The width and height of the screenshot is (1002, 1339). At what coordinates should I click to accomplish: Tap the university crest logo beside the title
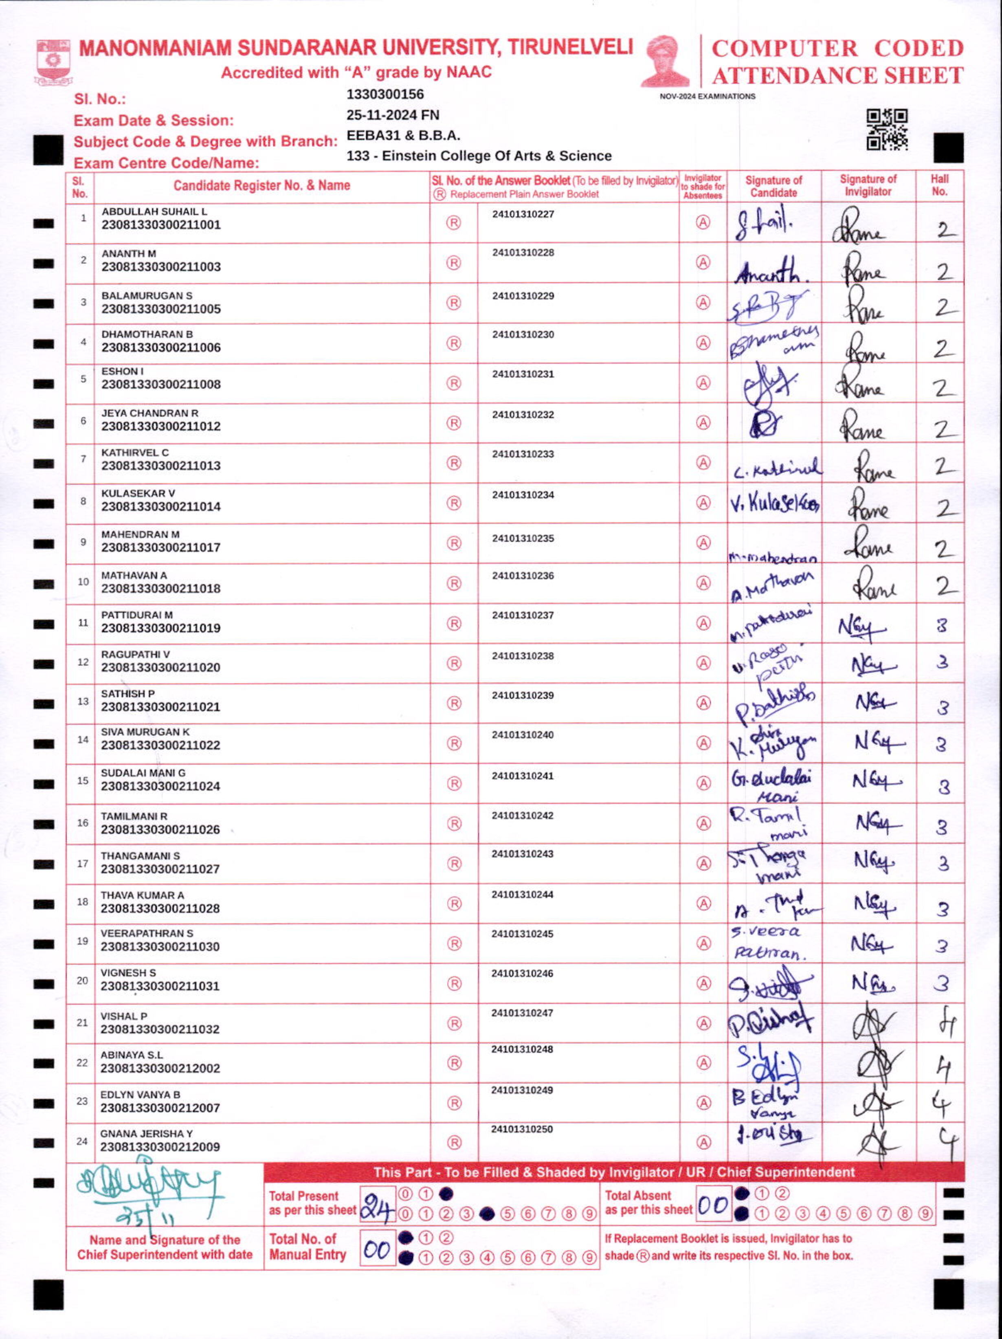(53, 61)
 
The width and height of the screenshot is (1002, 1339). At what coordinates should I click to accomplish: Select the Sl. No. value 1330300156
(385, 95)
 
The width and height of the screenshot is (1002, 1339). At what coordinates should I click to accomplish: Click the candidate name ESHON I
(122, 371)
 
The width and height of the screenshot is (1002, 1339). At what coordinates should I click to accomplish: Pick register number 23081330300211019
(161, 628)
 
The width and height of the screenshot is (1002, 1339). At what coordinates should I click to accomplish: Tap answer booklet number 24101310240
(523, 735)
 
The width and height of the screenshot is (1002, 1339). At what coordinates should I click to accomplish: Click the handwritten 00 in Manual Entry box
(377, 1250)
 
